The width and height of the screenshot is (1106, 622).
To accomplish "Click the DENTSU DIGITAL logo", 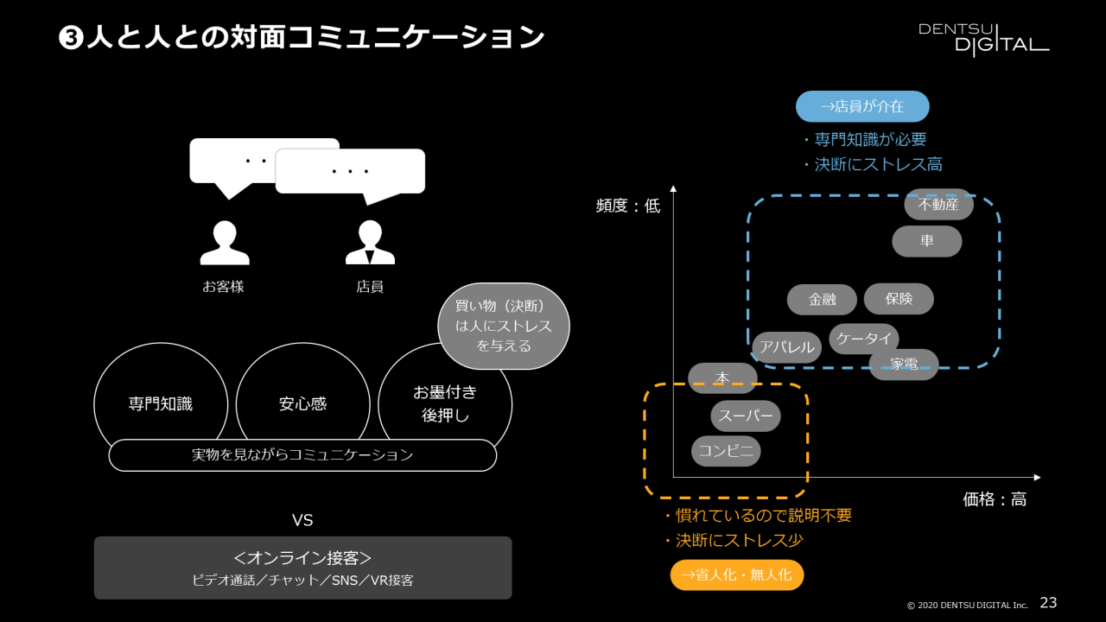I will click(x=983, y=38).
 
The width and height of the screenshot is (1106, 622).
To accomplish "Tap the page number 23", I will click(x=1048, y=602).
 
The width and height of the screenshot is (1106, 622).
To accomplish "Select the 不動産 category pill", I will click(x=938, y=205).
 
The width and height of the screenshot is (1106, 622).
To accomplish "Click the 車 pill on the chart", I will click(x=926, y=241).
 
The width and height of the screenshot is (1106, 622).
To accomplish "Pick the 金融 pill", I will click(x=822, y=300).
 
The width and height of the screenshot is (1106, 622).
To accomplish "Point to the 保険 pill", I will click(x=899, y=299).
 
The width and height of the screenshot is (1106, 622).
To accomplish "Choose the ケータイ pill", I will click(x=864, y=339).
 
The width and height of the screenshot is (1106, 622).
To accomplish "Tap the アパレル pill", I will click(x=786, y=347).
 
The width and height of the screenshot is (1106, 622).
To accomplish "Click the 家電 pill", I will click(x=904, y=365).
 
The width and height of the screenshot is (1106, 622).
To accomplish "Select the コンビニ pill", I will click(x=726, y=451).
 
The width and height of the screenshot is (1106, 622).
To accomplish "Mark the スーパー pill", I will click(x=746, y=416).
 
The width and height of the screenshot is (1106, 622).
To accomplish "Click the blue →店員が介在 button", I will click(x=862, y=106).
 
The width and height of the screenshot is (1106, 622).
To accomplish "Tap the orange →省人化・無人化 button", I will click(x=736, y=575).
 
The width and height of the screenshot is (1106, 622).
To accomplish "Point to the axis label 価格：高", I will click(x=995, y=499).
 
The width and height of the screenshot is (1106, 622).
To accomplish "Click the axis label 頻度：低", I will click(x=627, y=206).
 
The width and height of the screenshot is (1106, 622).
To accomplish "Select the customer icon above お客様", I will click(x=224, y=243).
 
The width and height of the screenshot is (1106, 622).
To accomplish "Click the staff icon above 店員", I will click(x=370, y=243).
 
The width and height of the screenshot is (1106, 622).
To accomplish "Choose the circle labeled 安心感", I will click(x=302, y=403).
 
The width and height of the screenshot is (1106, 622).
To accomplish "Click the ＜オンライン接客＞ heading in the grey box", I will click(x=302, y=558).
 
